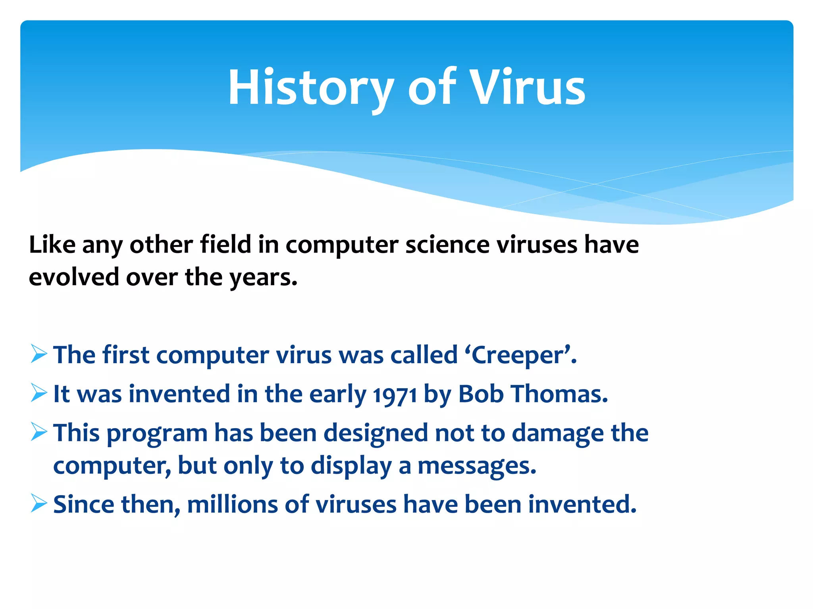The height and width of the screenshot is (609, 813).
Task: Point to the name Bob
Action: (481, 394)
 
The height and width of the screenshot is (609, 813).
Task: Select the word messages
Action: (476, 466)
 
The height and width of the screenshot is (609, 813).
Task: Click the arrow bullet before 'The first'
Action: (39, 354)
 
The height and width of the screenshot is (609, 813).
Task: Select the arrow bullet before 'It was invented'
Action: (39, 393)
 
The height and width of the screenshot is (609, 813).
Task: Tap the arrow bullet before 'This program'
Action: (39, 432)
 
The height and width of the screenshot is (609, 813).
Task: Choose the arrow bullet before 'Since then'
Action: (39, 504)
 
